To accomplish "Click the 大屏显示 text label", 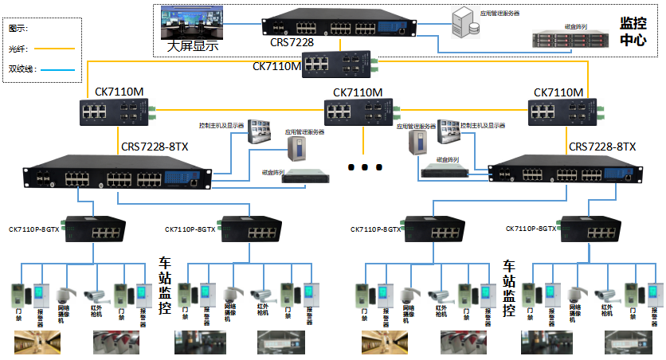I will click(x=193, y=46).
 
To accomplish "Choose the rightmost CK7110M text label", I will click(x=558, y=92).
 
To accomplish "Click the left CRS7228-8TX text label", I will click(x=155, y=147).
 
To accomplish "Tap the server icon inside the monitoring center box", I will click(x=464, y=22).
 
